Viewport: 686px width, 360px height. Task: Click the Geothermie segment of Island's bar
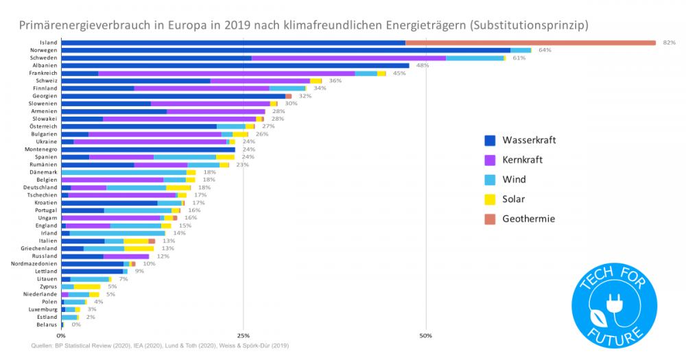click(530, 43)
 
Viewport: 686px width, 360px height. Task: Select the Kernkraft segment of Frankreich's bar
click(226, 73)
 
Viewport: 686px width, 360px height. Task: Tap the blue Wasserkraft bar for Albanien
click(235, 66)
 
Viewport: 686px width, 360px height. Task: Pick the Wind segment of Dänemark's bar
click(123, 172)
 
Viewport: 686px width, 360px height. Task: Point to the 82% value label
click(669, 43)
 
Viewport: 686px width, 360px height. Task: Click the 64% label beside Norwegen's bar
click(545, 50)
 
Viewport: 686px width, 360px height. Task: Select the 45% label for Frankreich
click(399, 73)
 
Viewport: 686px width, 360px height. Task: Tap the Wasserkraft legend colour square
click(490, 141)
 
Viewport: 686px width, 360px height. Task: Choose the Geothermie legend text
click(528, 219)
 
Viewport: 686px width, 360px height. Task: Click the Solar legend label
click(514, 199)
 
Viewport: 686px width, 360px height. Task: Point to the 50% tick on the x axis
click(425, 336)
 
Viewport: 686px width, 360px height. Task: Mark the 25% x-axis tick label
click(243, 336)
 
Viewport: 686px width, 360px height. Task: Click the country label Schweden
click(43, 58)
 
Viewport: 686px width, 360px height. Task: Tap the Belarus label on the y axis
click(45, 324)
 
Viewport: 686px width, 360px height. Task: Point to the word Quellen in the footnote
click(43, 346)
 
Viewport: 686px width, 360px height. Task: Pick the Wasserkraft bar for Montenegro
click(148, 149)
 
